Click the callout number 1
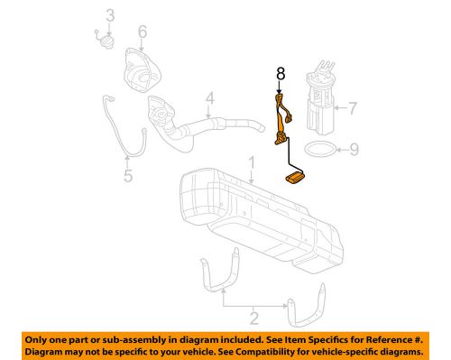coord(253,162)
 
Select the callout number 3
coord(109,14)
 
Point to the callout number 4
coord(208,98)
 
